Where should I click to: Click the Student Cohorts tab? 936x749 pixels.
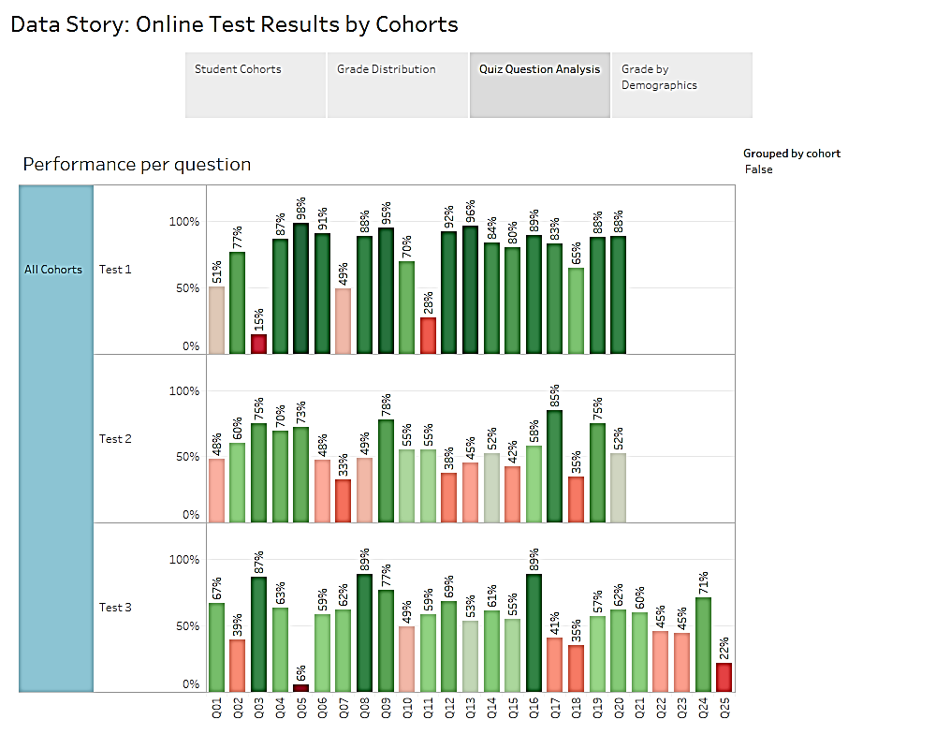(256, 85)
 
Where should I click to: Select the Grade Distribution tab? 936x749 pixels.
(398, 85)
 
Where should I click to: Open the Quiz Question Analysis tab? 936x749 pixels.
(540, 85)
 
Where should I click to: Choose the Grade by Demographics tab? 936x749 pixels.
(681, 85)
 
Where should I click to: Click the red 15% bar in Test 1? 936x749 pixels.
(258, 345)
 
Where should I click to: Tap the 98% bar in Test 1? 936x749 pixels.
(300, 288)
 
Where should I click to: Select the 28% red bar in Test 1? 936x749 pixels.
(428, 336)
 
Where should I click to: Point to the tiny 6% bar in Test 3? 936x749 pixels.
(300, 688)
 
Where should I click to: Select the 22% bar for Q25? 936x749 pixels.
(724, 677)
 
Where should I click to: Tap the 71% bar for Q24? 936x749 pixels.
(703, 644)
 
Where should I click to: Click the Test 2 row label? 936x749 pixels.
(115, 438)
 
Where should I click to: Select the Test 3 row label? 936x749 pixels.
(115, 608)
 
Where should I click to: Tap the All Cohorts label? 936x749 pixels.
(53, 270)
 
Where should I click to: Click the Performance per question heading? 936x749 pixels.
(137, 165)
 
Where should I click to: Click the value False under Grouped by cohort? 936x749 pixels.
(759, 169)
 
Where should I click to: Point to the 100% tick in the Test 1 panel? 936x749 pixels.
(183, 222)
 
